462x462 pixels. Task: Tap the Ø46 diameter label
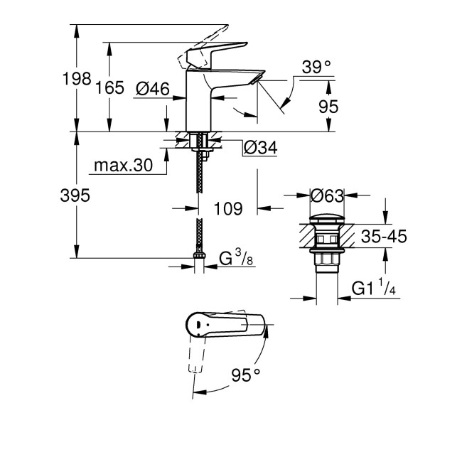coord(151,89)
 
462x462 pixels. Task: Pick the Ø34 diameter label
coord(259,148)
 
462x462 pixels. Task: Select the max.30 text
coord(122,166)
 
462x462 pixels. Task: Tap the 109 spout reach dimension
coord(229,209)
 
